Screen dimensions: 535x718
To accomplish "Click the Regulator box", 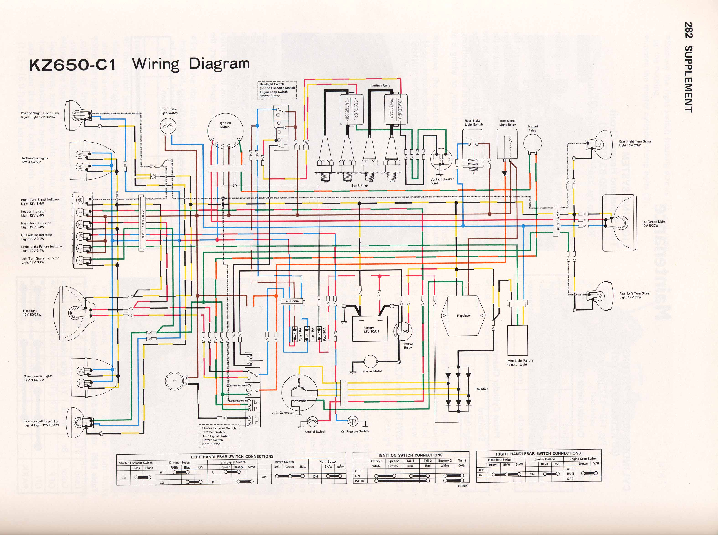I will [464, 316].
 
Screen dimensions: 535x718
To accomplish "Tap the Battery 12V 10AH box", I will [370, 329].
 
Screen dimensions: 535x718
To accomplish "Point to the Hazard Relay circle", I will [532, 143].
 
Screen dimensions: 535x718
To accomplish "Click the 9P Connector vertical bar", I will [142, 223].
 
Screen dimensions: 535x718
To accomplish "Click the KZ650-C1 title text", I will [72, 65].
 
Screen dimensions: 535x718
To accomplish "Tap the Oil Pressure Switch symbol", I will [353, 421].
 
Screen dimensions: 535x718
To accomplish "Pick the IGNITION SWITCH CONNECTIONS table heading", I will [410, 455].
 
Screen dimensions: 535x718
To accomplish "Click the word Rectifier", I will [481, 389].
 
